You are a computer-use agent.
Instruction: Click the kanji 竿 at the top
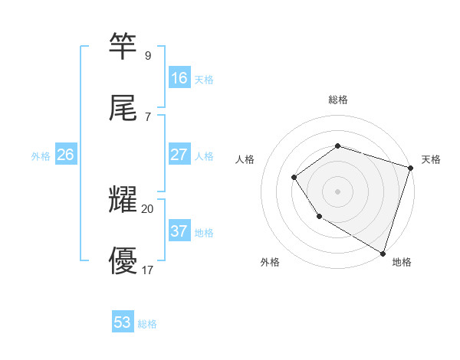coord(123,46)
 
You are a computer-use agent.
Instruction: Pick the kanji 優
coord(123,260)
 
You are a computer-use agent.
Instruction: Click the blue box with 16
coord(179,78)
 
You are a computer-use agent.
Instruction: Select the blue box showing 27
coord(179,155)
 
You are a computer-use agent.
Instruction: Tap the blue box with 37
coord(179,231)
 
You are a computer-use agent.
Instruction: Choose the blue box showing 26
coord(65,155)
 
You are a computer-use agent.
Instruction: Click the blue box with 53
coord(123,322)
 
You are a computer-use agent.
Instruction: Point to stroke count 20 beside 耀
coord(147,208)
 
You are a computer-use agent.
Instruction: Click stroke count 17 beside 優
coord(147,270)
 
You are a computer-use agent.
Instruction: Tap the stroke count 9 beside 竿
coord(147,55)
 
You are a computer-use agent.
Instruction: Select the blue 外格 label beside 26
coord(41,155)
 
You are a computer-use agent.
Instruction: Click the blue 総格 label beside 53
coord(147,323)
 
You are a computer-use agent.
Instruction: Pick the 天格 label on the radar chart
coord(431,159)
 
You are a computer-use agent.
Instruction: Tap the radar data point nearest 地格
coord(382,252)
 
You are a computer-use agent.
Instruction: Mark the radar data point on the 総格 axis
coord(337,146)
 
